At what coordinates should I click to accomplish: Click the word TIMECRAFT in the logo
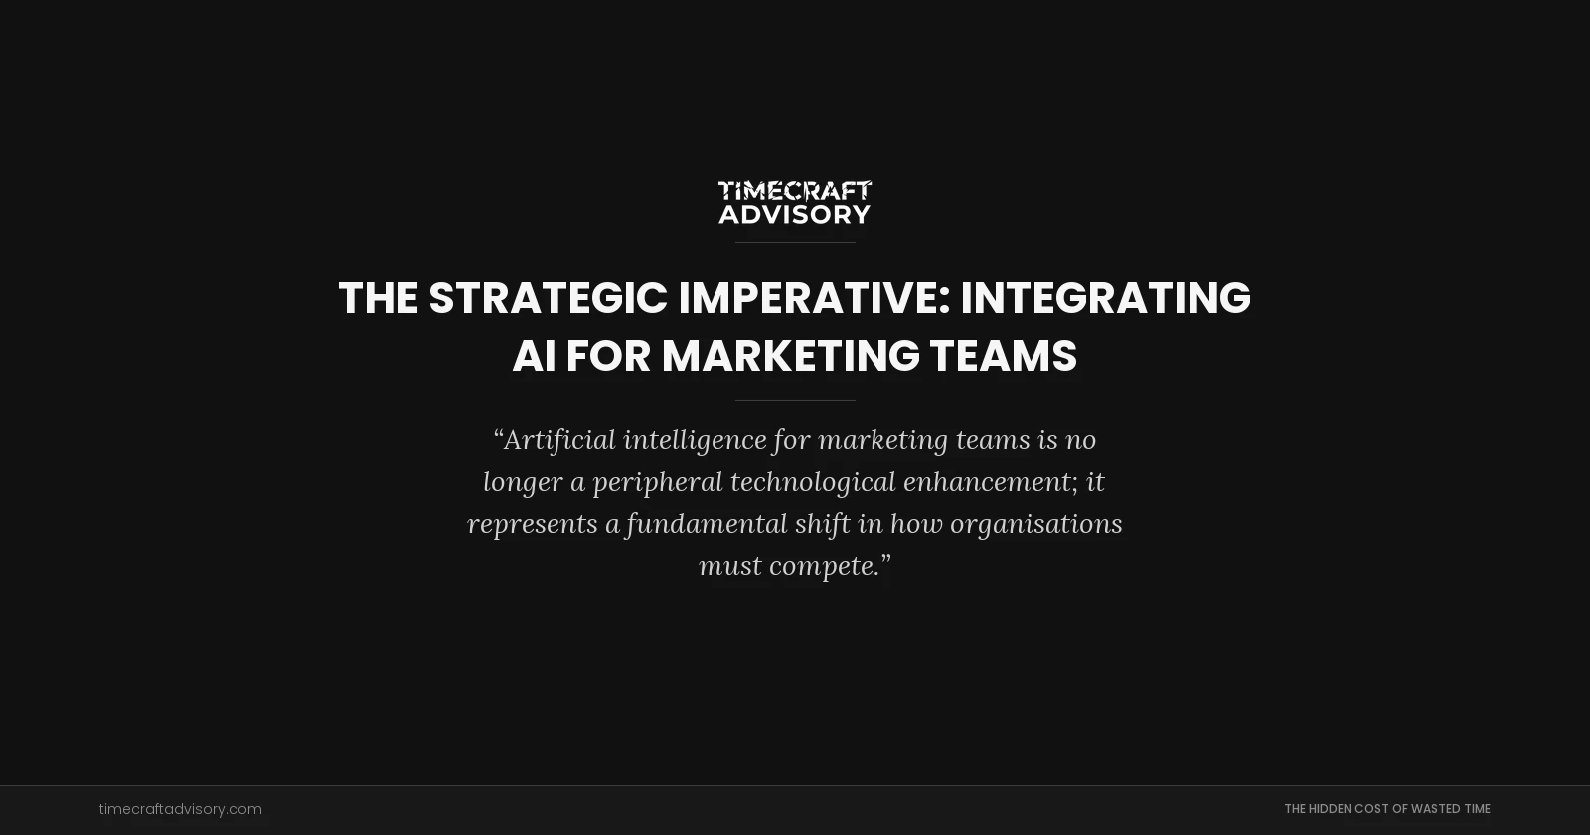[795, 190]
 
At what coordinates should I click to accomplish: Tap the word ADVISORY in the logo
[795, 214]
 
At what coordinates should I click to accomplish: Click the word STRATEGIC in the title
[548, 298]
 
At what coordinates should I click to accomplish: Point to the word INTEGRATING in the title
[1105, 298]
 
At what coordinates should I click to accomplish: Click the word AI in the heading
[534, 356]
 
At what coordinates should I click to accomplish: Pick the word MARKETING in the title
[791, 356]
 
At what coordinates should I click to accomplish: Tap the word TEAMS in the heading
[1003, 356]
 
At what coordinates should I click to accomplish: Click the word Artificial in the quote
[558, 439]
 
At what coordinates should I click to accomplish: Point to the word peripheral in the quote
[658, 482]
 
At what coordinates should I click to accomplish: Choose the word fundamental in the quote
[706, 524]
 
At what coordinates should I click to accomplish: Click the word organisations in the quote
[1035, 524]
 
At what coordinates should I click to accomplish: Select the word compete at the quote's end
[825, 566]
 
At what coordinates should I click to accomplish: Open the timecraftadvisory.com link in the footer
[181, 809]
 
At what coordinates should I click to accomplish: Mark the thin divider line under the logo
[795, 242]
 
